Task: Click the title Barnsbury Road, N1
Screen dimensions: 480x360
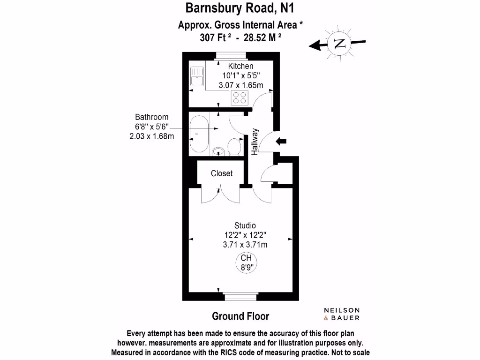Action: pyautogui.click(x=240, y=8)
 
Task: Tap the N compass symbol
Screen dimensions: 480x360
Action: pyautogui.click(x=340, y=44)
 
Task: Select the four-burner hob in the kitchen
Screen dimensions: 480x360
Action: pyautogui.click(x=240, y=97)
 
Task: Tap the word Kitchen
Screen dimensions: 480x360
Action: pyautogui.click(x=240, y=66)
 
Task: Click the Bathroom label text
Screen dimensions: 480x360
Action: pyautogui.click(x=151, y=117)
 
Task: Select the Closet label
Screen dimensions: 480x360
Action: pyautogui.click(x=222, y=173)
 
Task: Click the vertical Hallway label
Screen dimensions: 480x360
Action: pyautogui.click(x=255, y=142)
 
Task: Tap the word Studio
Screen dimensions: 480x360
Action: pyautogui.click(x=245, y=225)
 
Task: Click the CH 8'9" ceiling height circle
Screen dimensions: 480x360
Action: pyautogui.click(x=246, y=262)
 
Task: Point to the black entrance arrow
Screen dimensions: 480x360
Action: pyautogui.click(x=282, y=141)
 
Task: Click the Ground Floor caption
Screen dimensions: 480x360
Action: pyautogui.click(x=240, y=316)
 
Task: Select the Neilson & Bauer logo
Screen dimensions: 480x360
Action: pyautogui.click(x=342, y=314)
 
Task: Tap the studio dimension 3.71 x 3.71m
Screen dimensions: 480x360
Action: pyautogui.click(x=246, y=244)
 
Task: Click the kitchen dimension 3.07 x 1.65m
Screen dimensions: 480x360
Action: pyautogui.click(x=241, y=85)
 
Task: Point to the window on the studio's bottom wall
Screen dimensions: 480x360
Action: pyautogui.click(x=240, y=297)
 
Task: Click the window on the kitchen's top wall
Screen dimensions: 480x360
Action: pyautogui.click(x=231, y=56)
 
